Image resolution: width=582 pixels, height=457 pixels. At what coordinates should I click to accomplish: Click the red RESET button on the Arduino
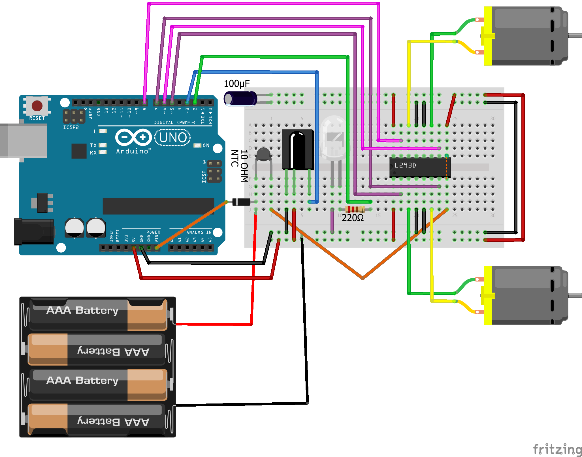click(37, 106)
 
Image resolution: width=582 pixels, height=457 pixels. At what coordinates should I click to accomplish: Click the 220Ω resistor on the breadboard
click(355, 210)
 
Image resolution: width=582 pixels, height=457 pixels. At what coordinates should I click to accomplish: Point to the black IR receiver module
click(298, 150)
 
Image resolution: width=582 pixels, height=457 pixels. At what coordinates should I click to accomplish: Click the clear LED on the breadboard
click(334, 139)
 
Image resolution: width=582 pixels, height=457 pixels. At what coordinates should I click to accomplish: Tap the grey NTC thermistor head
click(263, 154)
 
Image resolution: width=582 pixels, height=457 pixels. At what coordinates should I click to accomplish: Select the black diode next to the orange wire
click(241, 202)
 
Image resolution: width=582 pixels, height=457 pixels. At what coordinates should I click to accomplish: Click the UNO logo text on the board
click(173, 138)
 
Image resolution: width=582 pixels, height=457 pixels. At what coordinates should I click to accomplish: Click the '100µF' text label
click(236, 84)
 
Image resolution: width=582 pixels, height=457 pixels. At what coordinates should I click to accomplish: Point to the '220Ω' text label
click(353, 218)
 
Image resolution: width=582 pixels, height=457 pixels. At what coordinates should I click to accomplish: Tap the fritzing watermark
click(557, 449)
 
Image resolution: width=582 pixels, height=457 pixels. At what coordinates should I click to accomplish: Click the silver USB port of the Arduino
click(24, 141)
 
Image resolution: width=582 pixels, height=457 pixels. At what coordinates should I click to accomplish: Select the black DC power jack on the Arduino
click(33, 232)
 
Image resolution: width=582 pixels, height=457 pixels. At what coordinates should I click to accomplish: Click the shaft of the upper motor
click(575, 36)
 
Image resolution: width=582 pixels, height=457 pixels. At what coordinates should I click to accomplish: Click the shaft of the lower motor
click(575, 295)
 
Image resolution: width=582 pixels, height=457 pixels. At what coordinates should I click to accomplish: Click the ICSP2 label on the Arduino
click(71, 127)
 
